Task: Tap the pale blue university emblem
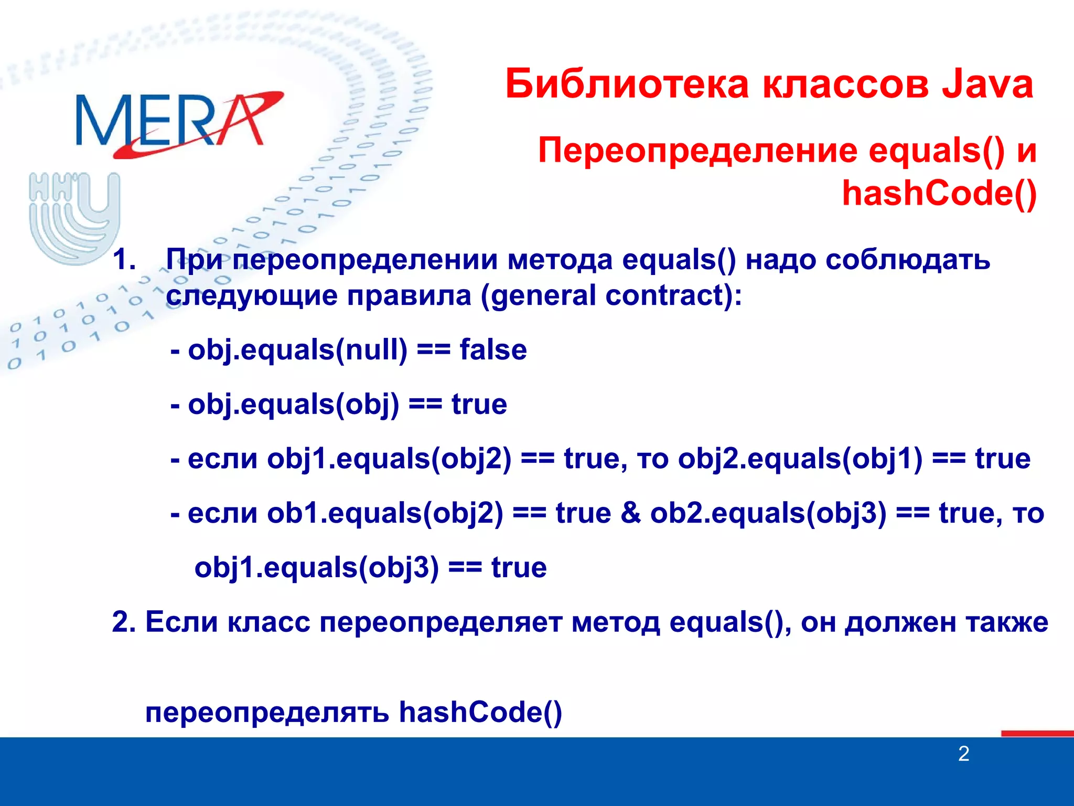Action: click(x=74, y=218)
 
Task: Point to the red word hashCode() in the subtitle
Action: click(x=939, y=193)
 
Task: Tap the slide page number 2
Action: click(x=963, y=754)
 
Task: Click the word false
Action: click(x=493, y=349)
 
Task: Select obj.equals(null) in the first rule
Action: click(x=297, y=350)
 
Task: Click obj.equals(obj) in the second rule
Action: click(x=293, y=405)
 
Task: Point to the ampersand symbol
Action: click(x=630, y=513)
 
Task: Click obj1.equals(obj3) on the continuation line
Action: click(x=316, y=568)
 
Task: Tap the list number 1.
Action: click(x=124, y=259)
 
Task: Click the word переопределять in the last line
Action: click(x=267, y=713)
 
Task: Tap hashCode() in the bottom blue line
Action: click(x=480, y=713)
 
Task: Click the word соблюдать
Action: click(x=907, y=259)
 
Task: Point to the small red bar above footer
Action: click(x=1037, y=733)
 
